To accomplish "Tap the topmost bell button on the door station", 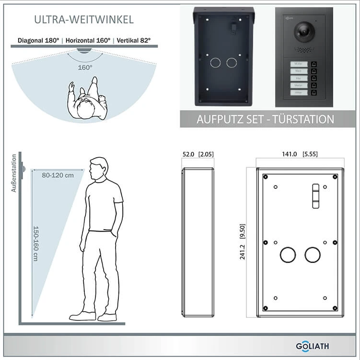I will click(x=314, y=64).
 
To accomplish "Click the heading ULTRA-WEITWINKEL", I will click(x=84, y=20).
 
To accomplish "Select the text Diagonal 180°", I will click(x=38, y=41).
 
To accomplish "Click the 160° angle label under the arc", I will click(x=85, y=68).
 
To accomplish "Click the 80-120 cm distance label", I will click(x=58, y=175).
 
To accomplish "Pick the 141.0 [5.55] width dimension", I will click(x=300, y=154).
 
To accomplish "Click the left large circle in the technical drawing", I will click(x=288, y=255).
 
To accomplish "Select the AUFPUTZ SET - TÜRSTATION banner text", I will click(x=265, y=119).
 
